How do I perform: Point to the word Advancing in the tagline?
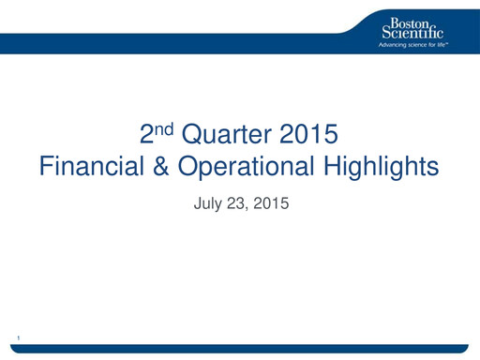393,44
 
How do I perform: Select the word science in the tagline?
421,44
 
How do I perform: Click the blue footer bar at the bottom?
240,349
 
